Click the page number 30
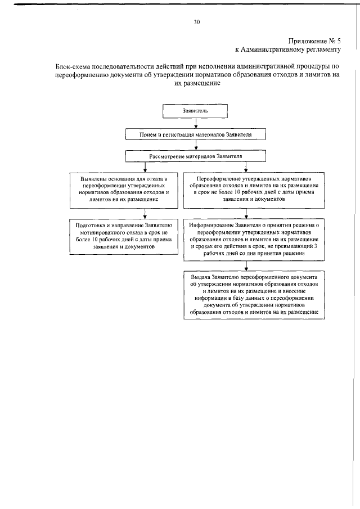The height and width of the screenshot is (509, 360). tap(196, 22)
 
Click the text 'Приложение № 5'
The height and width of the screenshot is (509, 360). tap(314, 40)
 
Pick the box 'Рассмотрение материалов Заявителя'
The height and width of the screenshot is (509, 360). tap(195, 156)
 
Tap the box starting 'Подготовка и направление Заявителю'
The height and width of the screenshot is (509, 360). tap(124, 235)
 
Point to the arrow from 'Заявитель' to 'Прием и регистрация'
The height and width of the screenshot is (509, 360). tap(195, 124)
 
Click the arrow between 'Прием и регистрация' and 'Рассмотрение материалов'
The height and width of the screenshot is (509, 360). tap(195, 145)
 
